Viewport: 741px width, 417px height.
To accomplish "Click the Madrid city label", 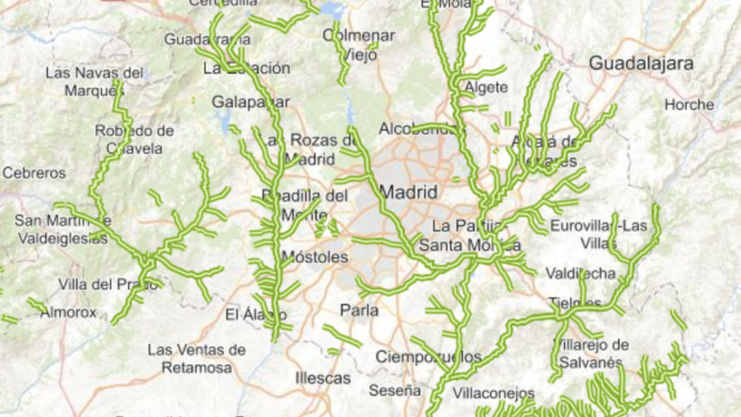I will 408,193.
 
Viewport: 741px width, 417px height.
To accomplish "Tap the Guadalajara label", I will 641,63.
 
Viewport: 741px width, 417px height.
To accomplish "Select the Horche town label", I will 689,104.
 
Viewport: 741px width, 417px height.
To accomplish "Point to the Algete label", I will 482,88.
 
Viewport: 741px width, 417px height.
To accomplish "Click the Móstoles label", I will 314,257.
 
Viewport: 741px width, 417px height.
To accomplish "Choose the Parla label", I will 359,311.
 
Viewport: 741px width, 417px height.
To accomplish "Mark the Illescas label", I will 323,378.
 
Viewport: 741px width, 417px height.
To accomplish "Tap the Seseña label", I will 394,390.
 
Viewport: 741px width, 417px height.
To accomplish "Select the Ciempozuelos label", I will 428,357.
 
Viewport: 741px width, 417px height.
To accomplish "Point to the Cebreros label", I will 34,173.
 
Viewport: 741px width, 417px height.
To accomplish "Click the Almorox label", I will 68,313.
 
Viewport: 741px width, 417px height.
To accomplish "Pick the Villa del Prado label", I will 108,285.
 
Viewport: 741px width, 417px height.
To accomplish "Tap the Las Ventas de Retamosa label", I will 197,358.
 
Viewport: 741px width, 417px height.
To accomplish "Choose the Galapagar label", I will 250,102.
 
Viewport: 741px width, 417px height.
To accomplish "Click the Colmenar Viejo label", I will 359,44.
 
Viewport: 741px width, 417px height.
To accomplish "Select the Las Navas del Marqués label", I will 95,81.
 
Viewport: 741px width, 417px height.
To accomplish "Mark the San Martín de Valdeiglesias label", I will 63,229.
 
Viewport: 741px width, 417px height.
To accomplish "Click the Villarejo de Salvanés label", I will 591,353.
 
